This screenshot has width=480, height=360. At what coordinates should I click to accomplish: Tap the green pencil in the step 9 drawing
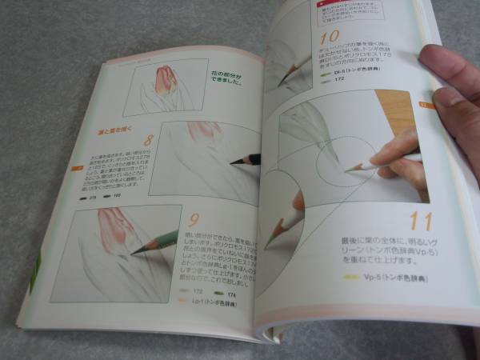coord(156,240)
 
